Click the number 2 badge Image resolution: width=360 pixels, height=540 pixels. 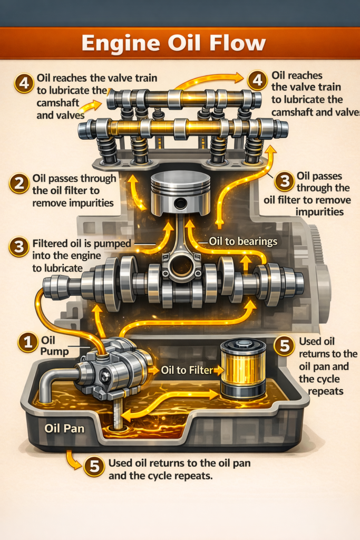click(20, 184)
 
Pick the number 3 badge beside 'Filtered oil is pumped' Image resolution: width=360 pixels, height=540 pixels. click(19, 247)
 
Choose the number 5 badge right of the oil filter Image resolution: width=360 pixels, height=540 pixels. click(285, 346)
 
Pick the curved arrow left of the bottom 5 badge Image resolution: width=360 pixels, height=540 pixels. click(73, 460)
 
